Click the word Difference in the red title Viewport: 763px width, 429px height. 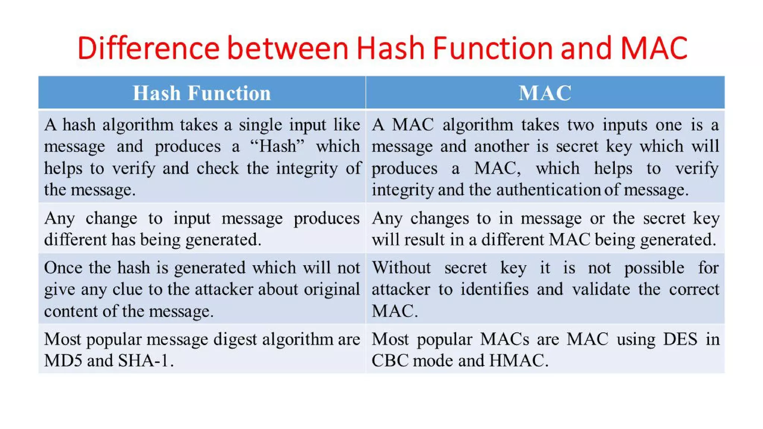coord(148,48)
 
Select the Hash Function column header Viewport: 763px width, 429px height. coord(202,93)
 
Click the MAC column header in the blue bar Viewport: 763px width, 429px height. coord(545,93)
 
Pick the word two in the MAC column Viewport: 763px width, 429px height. coord(580,125)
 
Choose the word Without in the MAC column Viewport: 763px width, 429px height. coord(401,268)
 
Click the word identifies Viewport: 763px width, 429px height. coord(494,289)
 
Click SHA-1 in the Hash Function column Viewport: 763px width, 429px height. coord(143,360)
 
